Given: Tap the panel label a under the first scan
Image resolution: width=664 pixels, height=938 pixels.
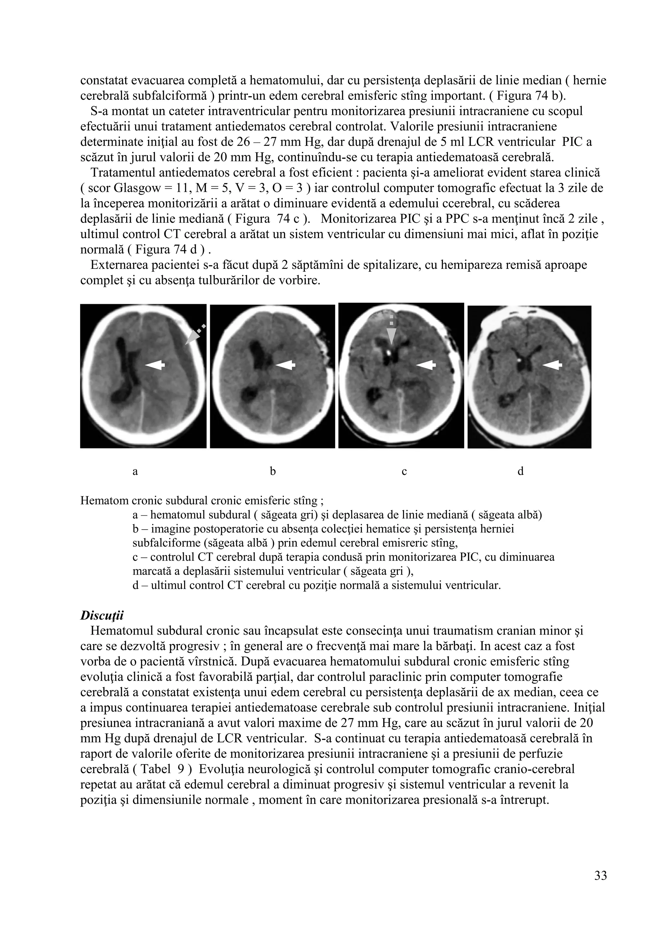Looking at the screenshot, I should click(135, 472).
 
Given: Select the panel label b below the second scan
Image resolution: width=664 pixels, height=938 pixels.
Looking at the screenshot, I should click(273, 472).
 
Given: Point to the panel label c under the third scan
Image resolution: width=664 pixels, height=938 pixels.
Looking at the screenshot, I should click(404, 472).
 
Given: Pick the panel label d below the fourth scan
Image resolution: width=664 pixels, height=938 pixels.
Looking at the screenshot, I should click(520, 472).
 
